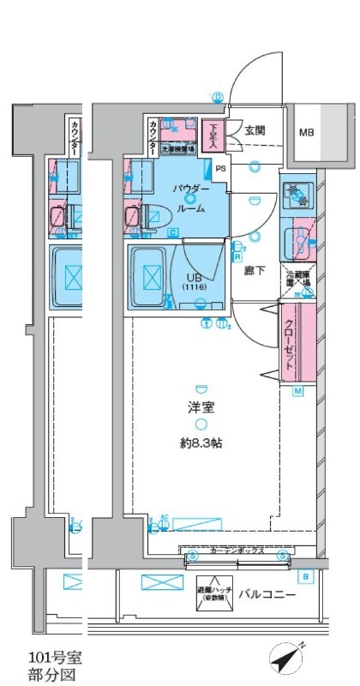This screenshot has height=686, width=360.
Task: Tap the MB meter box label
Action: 306,133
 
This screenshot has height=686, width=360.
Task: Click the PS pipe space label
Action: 221,168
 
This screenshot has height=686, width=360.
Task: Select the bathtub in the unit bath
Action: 152,277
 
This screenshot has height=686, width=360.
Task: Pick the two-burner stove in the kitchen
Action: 297,195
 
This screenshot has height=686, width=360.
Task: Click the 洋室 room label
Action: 201,408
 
